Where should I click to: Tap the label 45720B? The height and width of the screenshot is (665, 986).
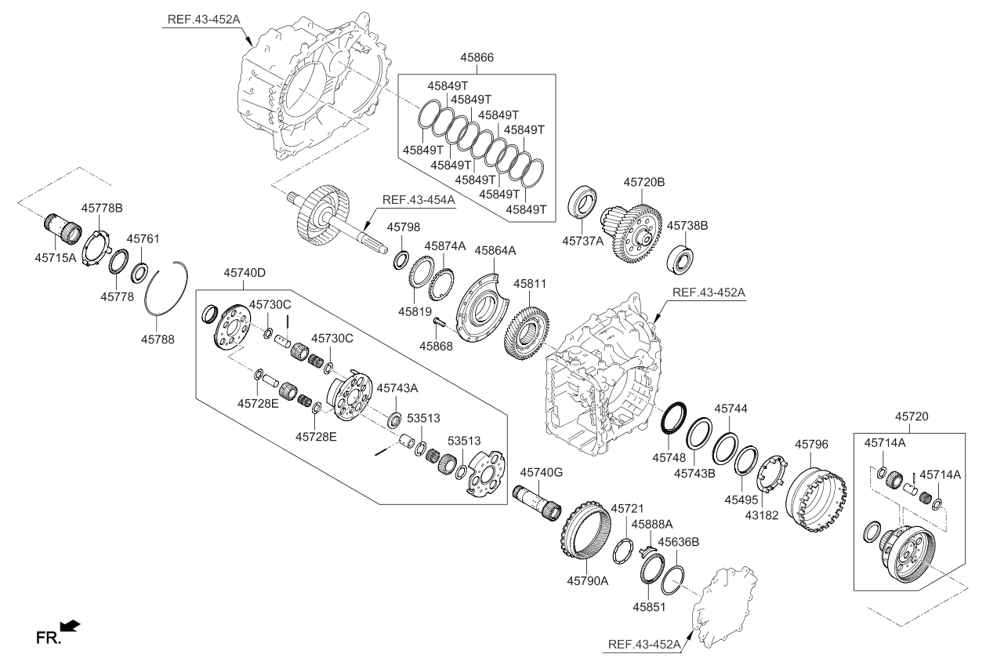tap(644, 182)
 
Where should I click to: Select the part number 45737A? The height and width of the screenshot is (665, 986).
tap(583, 241)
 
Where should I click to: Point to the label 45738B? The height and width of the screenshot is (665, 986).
tap(687, 225)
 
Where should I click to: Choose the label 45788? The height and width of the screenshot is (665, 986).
tap(157, 340)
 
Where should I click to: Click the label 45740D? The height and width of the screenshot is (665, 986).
tap(244, 273)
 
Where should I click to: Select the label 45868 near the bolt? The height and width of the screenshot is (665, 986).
tap(436, 345)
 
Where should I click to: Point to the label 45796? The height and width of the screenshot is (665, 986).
tap(811, 444)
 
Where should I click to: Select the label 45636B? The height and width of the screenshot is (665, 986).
tap(678, 541)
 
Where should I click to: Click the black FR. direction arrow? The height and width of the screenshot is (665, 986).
tap(70, 625)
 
